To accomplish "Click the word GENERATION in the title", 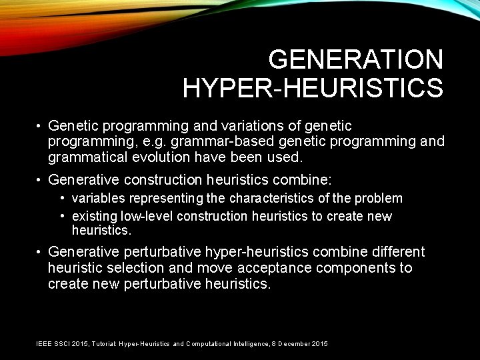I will [x=355, y=60].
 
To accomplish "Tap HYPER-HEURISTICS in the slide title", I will [x=313, y=87].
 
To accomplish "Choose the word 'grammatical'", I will [x=87, y=157].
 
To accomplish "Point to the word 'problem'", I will [x=380, y=198].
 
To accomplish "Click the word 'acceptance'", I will [x=274, y=268].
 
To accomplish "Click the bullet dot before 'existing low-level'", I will [x=62, y=216].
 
